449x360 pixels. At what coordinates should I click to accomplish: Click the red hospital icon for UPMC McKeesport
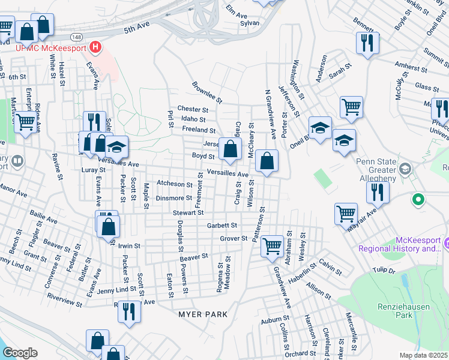tap(95, 47)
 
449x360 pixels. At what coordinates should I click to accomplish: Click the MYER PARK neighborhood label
tap(203, 314)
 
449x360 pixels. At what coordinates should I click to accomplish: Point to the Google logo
tap(20, 353)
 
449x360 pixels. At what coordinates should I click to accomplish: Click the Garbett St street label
tap(223, 226)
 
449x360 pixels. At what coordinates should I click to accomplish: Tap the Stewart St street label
tap(188, 212)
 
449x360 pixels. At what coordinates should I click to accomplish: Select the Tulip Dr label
tap(384, 271)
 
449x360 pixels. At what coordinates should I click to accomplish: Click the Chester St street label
tap(192, 110)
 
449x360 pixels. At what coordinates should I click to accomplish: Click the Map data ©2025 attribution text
tap(423, 355)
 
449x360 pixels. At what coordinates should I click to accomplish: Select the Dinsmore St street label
tap(173, 198)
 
